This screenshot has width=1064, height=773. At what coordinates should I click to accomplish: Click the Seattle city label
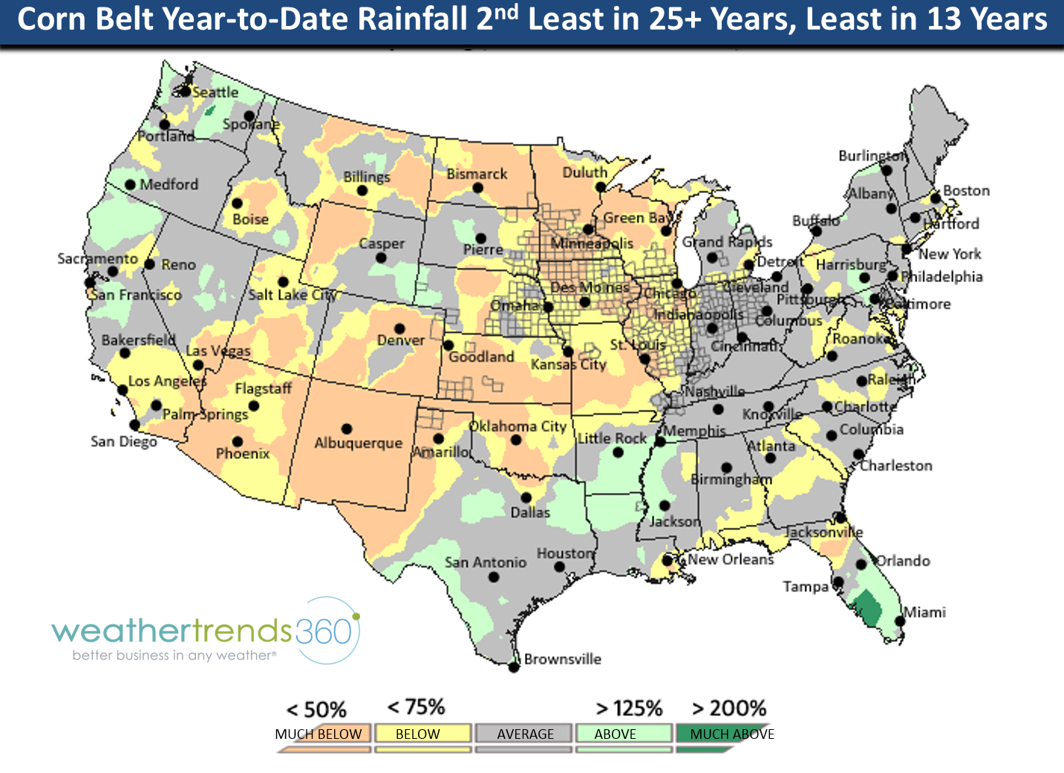(x=215, y=93)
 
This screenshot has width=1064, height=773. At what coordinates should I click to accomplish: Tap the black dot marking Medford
(x=130, y=184)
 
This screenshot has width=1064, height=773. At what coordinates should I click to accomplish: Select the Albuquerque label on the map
(x=358, y=443)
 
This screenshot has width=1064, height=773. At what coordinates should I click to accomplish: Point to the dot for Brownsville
(x=513, y=668)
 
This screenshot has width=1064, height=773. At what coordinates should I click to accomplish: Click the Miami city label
(x=924, y=613)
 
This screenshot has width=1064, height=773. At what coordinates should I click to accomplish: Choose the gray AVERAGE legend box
(x=525, y=734)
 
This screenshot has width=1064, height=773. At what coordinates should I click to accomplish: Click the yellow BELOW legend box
(x=422, y=734)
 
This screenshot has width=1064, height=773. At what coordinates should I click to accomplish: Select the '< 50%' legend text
(x=316, y=710)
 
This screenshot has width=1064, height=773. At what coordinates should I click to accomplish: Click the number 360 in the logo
(x=323, y=632)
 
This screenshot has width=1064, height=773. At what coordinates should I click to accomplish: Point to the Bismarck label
(x=477, y=175)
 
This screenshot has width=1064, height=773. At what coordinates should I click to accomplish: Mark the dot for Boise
(x=238, y=203)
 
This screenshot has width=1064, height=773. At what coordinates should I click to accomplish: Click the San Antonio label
(x=486, y=563)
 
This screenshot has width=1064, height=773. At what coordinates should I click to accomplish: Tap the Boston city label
(x=966, y=191)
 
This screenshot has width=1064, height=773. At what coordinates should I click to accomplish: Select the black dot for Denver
(x=399, y=328)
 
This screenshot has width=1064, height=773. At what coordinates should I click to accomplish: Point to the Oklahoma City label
(x=518, y=427)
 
